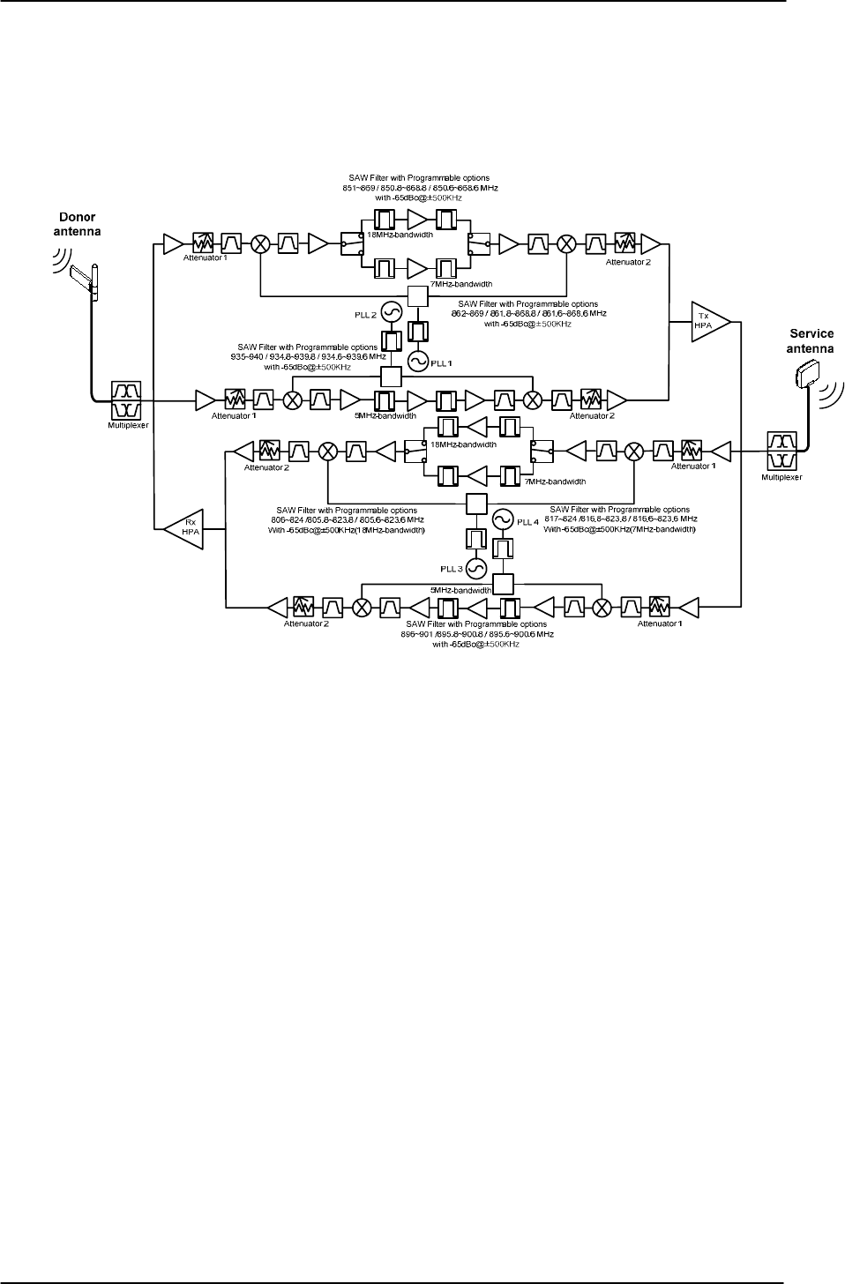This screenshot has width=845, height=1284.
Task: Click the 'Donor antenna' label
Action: pos(77,223)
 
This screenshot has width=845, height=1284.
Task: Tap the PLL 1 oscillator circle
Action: pos(421,361)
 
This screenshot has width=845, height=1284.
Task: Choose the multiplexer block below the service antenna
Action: pos(781,452)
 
